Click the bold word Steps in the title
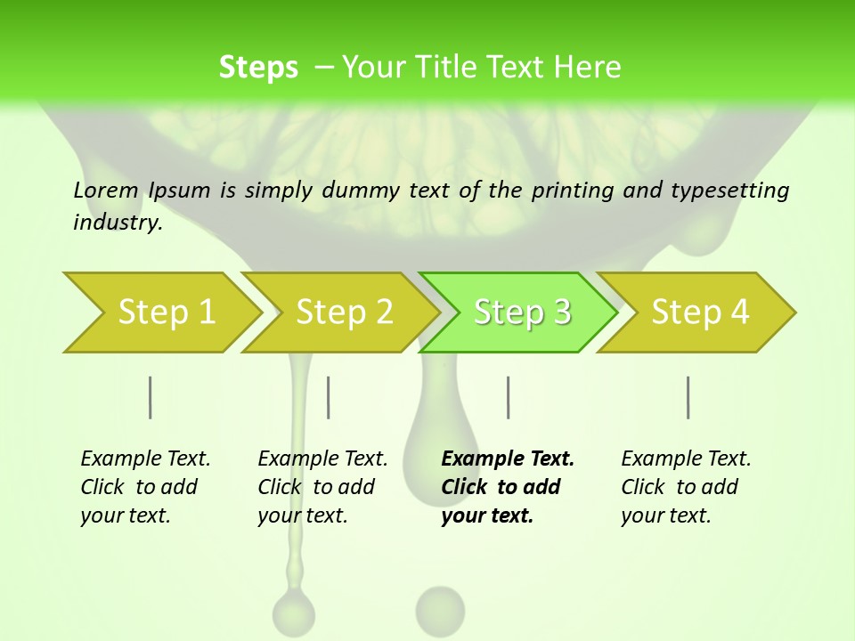click(258, 68)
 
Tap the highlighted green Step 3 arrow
click(522, 312)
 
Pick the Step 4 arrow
click(700, 312)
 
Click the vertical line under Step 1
click(151, 397)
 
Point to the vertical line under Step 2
click(329, 397)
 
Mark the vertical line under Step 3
click(509, 397)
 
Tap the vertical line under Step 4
click(688, 397)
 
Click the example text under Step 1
click(145, 487)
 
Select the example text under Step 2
click(322, 487)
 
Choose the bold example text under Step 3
click(508, 487)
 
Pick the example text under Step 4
click(686, 487)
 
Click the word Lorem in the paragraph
click(106, 190)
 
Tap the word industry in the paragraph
click(118, 223)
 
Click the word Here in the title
click(587, 68)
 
